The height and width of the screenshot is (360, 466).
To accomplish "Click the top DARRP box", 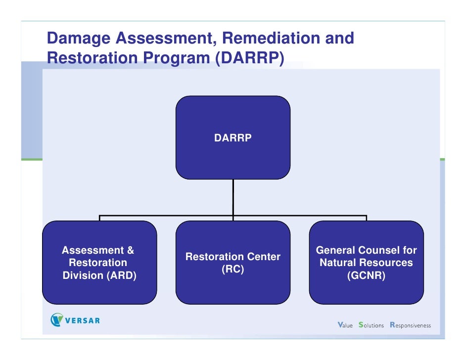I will [x=233, y=137].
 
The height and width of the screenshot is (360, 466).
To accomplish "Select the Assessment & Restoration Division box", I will [x=99, y=263].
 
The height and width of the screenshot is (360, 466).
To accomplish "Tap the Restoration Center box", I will [x=233, y=263].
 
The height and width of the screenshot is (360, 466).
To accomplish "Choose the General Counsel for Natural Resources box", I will [x=366, y=263].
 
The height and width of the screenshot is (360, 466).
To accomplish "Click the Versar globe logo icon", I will [x=57, y=320].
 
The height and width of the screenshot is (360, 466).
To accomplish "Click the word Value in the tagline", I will [x=345, y=325].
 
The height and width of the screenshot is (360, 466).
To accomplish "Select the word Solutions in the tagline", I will [x=371, y=325].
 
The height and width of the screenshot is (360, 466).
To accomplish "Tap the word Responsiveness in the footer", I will [x=410, y=325].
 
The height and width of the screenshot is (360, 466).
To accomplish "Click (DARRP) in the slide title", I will [x=249, y=58].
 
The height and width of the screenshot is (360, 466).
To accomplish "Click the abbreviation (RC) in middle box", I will [x=233, y=270].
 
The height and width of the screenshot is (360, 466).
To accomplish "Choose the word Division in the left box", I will [x=83, y=276].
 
